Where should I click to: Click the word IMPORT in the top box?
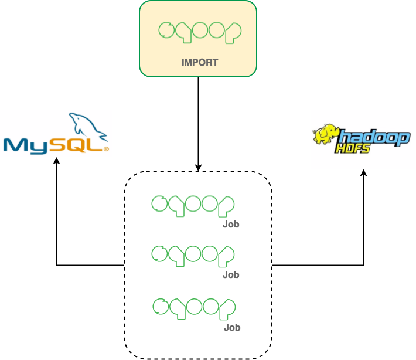tap(200, 62)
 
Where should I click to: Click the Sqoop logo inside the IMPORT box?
tap(200, 32)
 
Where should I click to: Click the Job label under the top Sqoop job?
tap(231, 224)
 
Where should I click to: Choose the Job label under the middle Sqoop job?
tap(231, 274)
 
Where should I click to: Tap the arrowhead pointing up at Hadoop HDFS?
tap(364, 173)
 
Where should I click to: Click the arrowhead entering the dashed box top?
tap(198, 168)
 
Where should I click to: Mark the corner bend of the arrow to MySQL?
tap(57, 266)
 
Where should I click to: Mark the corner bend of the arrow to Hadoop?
tap(364, 266)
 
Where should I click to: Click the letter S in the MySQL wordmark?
tap(63, 145)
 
